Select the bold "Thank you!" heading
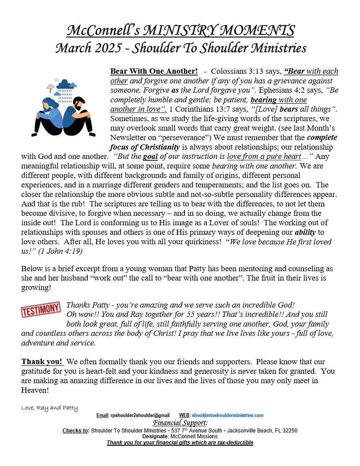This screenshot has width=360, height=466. click(43, 362)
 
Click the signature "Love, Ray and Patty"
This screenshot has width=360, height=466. click(49, 408)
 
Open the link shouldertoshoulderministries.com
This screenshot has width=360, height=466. click(228, 415)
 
